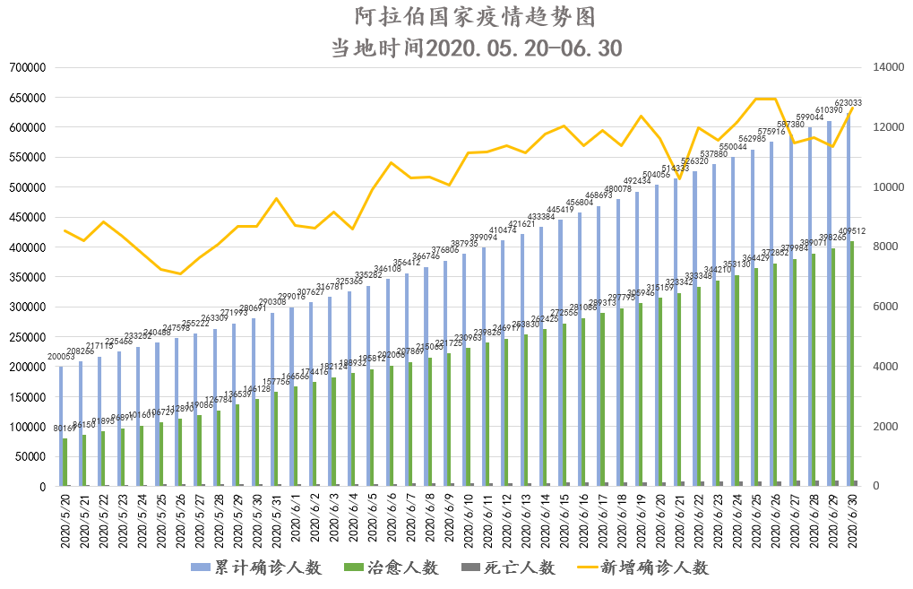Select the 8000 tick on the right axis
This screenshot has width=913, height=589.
tap(876, 247)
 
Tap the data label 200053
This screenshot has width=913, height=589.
tap(63, 357)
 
